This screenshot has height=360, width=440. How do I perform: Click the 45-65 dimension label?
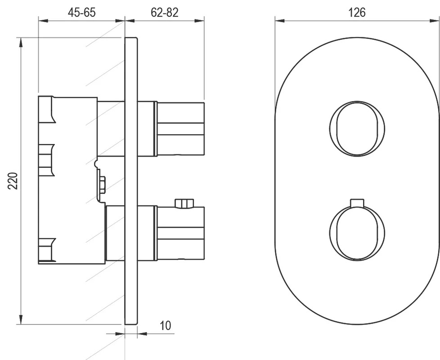point(82,12)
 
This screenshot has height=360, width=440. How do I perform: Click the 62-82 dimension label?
point(165,12)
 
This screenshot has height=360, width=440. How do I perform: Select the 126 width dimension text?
point(357,13)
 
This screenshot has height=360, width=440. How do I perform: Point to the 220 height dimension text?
point(13,181)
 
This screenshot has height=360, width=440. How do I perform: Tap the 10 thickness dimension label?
point(165,325)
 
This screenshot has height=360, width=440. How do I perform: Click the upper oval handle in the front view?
point(357,129)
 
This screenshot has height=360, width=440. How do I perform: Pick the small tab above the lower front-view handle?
point(357,203)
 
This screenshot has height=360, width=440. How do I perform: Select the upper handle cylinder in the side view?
point(180,129)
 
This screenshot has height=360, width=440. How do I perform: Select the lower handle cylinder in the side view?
point(180,233)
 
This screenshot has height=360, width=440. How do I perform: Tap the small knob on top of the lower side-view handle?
point(184,203)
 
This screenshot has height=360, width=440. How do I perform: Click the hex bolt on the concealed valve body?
point(102,184)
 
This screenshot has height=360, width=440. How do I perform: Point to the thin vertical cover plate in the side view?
point(131,181)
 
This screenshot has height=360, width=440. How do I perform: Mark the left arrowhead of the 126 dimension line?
point(280,21)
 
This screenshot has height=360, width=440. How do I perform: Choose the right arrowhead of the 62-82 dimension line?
point(199,21)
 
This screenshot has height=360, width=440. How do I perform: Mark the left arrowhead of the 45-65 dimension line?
point(44,21)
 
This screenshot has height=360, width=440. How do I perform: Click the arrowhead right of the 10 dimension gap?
point(142,333)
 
